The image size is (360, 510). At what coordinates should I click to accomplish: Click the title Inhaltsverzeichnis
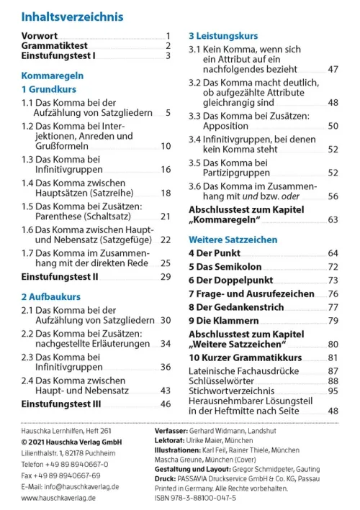tap(72, 16)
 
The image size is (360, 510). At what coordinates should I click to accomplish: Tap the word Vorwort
tap(40, 35)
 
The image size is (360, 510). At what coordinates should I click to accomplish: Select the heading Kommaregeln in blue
tap(53, 74)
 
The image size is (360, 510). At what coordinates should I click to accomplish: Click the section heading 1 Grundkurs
tap(48, 90)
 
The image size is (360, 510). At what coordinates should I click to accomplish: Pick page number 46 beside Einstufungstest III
tap(166, 404)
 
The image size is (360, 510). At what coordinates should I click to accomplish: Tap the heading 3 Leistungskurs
tap(223, 35)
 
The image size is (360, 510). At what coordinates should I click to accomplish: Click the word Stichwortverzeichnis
tap(231, 391)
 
